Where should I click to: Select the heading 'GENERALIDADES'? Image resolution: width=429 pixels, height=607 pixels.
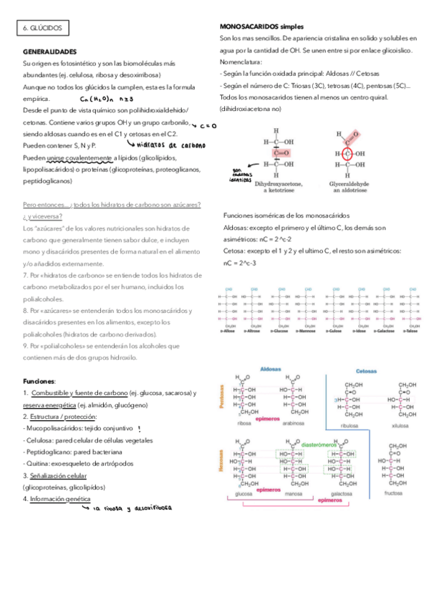click(x=49, y=52)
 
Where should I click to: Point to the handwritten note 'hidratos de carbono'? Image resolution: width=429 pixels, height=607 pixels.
click(x=170, y=143)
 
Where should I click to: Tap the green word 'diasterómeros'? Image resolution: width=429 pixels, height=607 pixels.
click(x=322, y=445)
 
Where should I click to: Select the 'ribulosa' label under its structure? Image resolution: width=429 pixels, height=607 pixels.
click(x=350, y=425)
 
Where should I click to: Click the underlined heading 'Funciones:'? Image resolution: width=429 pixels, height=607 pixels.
click(x=39, y=381)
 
